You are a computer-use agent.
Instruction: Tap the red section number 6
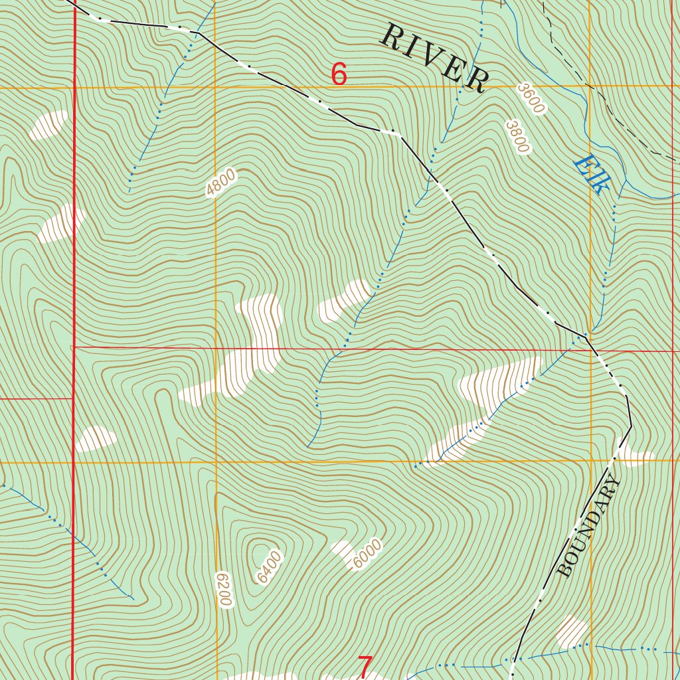pos(339,74)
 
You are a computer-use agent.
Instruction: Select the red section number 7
pos(365,666)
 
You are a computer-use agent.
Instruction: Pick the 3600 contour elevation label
pos(531,98)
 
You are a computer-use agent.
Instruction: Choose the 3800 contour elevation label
pos(517,136)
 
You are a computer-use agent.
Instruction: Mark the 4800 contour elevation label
pos(220,183)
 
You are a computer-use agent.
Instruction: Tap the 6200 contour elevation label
pos(224,588)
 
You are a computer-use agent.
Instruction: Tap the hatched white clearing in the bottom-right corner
pos(571,631)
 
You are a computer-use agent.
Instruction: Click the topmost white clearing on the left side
pos(48,125)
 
